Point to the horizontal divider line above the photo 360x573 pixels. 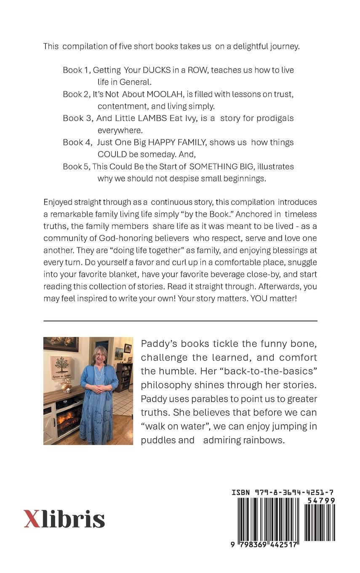coord(180,321)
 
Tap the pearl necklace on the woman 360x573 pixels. coord(99,372)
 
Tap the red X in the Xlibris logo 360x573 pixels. coord(32,519)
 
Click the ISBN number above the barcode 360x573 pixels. coord(283,493)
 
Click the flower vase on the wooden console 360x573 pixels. coord(66,386)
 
